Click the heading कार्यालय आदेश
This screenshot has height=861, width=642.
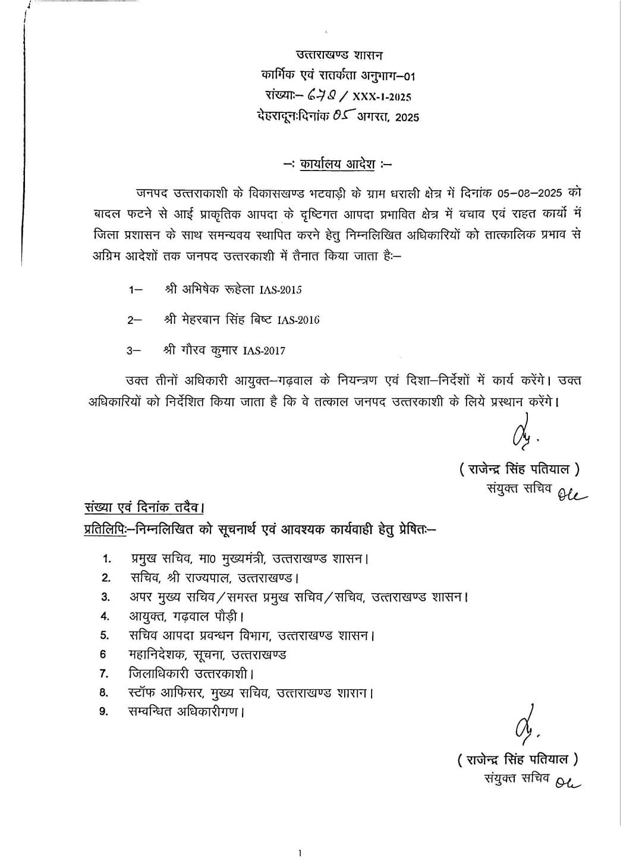[337, 165]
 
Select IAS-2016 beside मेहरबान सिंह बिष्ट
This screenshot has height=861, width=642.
[298, 320]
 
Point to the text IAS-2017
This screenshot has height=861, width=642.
[264, 351]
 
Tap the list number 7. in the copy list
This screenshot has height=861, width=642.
[104, 674]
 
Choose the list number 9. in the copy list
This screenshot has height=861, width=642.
[104, 711]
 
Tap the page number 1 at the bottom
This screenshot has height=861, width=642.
[300, 853]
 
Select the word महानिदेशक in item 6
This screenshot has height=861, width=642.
[156, 655]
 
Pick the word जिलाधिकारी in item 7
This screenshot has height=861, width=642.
[158, 674]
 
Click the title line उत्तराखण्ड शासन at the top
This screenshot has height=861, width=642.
[339, 55]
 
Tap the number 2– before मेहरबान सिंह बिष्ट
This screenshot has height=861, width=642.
[134, 320]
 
